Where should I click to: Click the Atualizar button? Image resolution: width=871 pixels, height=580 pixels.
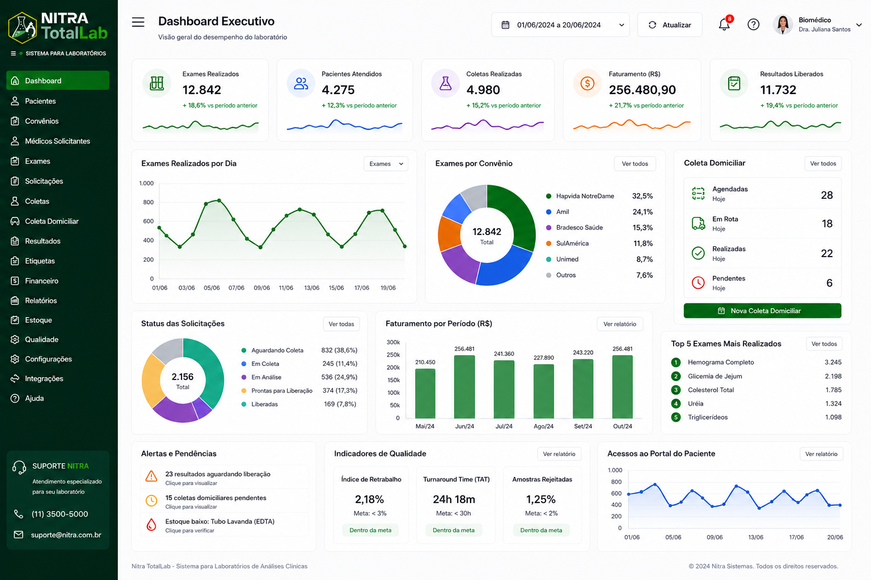pos(670,25)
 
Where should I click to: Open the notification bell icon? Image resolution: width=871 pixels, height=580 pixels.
pos(724,24)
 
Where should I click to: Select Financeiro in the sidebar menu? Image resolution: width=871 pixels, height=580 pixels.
pos(41,281)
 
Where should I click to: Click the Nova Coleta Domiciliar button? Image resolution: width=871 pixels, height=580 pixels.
pos(762,311)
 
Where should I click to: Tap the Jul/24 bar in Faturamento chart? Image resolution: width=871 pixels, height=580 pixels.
pos(504,389)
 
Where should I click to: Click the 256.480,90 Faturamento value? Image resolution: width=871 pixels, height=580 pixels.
pos(642,89)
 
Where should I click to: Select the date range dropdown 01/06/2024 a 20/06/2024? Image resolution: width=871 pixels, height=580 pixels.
pos(560,25)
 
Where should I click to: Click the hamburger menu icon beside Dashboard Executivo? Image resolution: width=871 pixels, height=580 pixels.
pos(138,22)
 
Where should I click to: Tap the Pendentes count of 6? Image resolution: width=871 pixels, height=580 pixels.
pos(829,283)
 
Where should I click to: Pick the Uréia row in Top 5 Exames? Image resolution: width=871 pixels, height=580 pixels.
pos(756,404)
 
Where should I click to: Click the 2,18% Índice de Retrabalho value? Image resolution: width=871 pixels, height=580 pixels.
pos(369,499)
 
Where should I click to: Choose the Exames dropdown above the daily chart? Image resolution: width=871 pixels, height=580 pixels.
pos(386,164)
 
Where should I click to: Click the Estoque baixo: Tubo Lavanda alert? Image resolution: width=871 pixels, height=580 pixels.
pos(219,525)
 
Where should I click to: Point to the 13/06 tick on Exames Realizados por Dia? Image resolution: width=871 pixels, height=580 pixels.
pos(312,288)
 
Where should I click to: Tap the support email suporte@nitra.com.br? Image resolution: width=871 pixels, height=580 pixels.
pos(66,535)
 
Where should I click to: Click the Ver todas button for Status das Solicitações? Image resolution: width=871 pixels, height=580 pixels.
pos(341,324)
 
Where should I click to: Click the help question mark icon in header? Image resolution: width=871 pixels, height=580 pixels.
pos(753,24)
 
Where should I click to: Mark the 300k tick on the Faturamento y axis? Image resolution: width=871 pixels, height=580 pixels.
pos(393,342)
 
